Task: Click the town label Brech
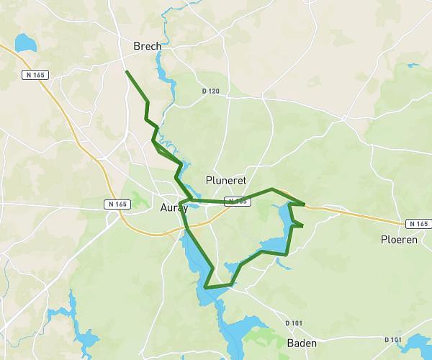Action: pos(147,46)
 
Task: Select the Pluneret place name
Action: pos(226,180)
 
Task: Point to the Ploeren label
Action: pos(399,239)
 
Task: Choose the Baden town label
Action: pos(301,343)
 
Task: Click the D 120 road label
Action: pos(211,91)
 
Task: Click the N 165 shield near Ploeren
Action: pos(417,224)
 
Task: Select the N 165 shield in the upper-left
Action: pos(33,74)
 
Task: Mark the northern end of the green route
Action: pos(127,71)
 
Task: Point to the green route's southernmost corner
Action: pos(206,287)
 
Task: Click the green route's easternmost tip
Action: pos(305,205)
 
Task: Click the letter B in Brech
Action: pos(137,46)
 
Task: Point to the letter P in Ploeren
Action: pos(384,239)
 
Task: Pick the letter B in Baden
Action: pos(290,343)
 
